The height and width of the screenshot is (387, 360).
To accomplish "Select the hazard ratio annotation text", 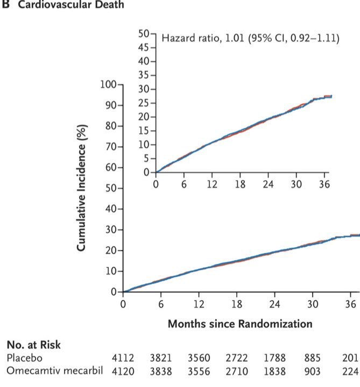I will pos(250,39).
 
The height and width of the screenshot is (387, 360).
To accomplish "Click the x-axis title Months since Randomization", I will pos(239,324).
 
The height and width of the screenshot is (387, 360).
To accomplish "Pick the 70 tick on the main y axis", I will pos(111,147).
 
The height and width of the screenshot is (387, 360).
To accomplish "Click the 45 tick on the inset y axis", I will pos(143,47).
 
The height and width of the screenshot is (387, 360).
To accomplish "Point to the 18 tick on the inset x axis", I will pos(240,184).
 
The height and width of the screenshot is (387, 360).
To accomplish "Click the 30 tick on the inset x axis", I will pos(297,184).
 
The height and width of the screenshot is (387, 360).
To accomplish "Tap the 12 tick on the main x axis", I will pos(198,303).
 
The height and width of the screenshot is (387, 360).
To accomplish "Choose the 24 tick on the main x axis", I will pos(274,303).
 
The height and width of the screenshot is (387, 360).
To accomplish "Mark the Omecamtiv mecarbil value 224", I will pos(350,371).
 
